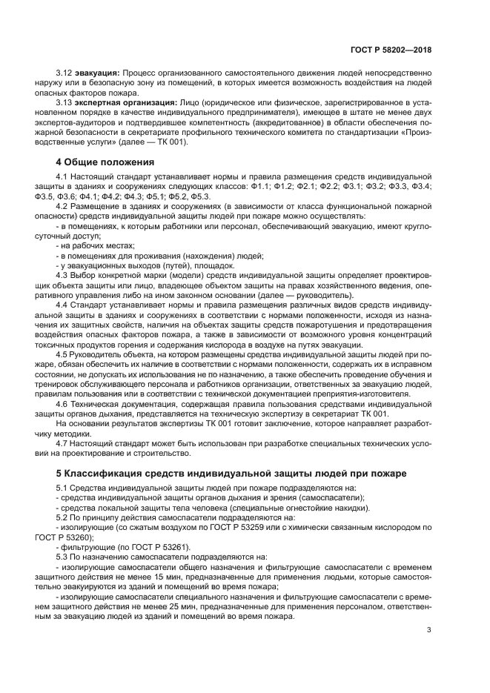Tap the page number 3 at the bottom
429,631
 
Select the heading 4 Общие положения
105,161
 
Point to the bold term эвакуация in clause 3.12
98,73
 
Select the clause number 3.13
64,102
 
